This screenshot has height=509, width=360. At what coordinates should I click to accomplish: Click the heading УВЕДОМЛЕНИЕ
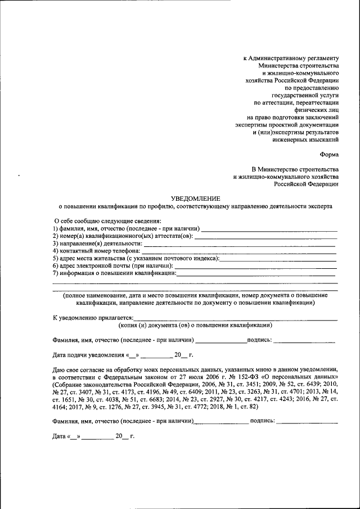(x=196, y=198)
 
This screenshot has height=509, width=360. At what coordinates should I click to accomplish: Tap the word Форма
(x=328, y=154)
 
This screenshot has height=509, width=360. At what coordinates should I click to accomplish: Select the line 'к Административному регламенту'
(x=291, y=58)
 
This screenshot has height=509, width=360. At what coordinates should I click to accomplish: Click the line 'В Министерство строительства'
(x=295, y=169)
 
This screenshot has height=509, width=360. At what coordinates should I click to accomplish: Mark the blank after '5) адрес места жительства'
(x=278, y=259)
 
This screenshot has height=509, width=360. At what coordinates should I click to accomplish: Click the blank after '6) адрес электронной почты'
(x=256, y=266)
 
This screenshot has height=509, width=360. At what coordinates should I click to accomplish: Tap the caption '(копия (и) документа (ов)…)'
(x=195, y=325)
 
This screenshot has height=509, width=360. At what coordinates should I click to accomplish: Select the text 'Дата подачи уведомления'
(x=88, y=355)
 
